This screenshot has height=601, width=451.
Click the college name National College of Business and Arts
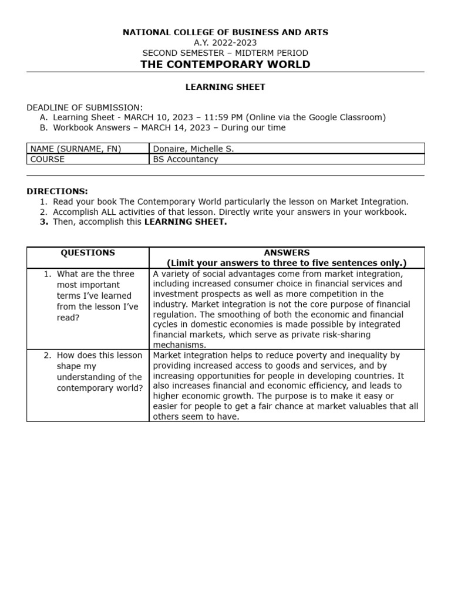(225, 32)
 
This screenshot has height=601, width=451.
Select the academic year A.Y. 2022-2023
(225, 42)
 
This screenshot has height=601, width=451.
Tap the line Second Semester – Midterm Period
(225, 53)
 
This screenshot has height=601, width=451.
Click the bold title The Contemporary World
(225, 65)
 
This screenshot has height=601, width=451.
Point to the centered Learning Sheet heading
(225, 87)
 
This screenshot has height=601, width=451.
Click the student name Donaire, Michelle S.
(193, 149)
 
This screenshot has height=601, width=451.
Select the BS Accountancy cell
(186, 159)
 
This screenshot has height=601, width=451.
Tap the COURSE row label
(48, 159)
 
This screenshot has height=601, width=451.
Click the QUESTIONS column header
(88, 253)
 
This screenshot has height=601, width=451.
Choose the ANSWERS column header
(287, 253)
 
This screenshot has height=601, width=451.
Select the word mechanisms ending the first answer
(177, 345)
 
